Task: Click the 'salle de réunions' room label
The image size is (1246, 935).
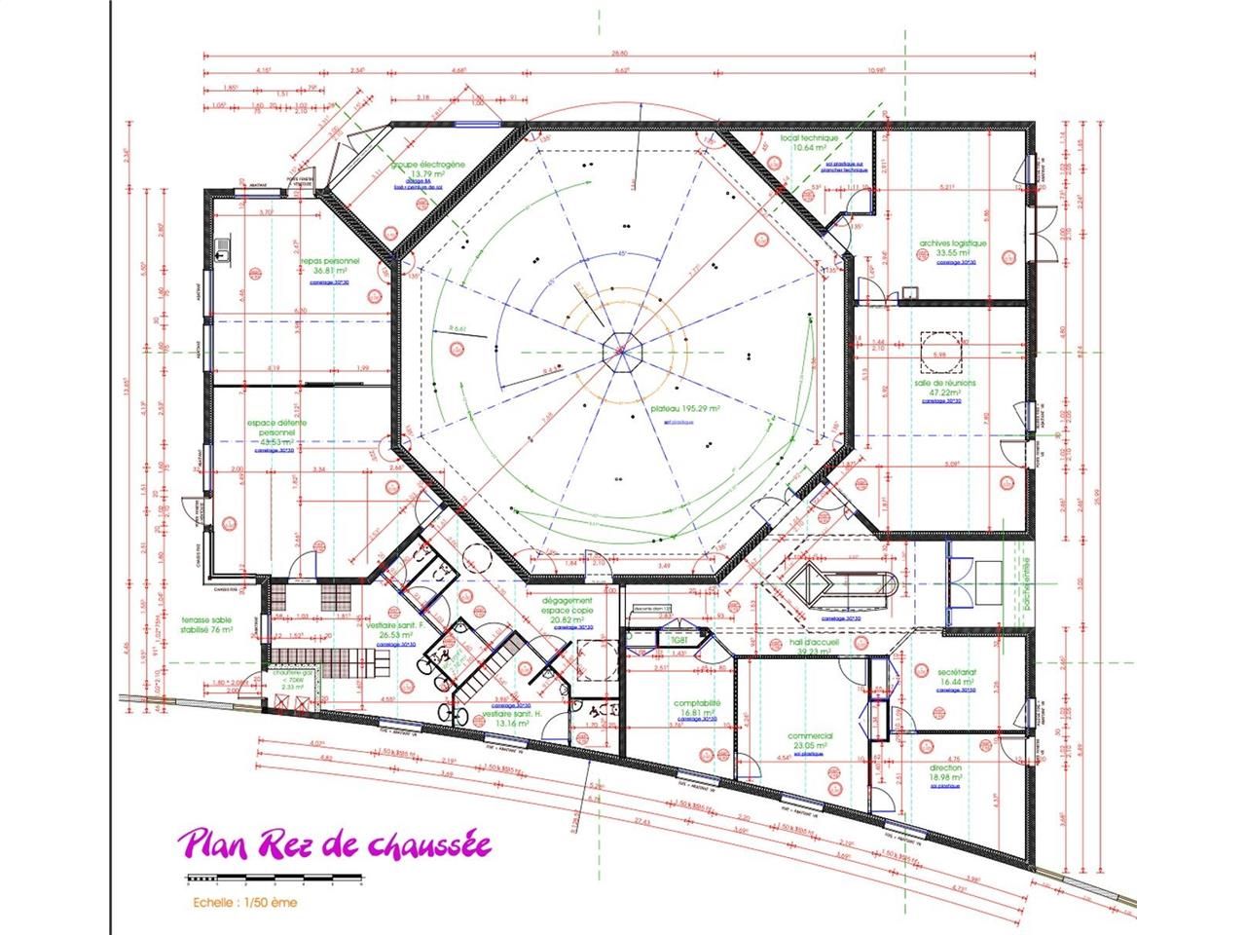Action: [944, 384]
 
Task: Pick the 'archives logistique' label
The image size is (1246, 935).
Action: [953, 243]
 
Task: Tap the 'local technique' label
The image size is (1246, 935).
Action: [809, 138]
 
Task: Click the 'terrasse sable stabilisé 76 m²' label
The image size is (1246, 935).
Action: [207, 624]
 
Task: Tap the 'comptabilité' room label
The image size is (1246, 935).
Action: [697, 704]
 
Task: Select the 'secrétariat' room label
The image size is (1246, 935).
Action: [956, 672]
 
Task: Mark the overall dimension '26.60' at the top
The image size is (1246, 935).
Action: [620, 53]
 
